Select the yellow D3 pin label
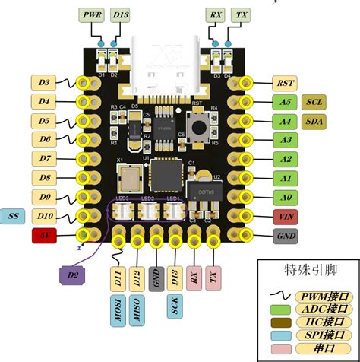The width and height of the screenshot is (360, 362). coord(45,81)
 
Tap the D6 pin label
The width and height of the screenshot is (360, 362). coord(45,139)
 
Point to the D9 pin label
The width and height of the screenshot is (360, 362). coord(45,198)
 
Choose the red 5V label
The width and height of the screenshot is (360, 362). coord(45,237)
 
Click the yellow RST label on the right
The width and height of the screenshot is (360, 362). coord(286,81)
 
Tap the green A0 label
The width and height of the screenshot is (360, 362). coord(286,198)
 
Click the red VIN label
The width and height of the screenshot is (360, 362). coord(286,217)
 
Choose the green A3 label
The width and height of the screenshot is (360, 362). coord(286,139)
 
